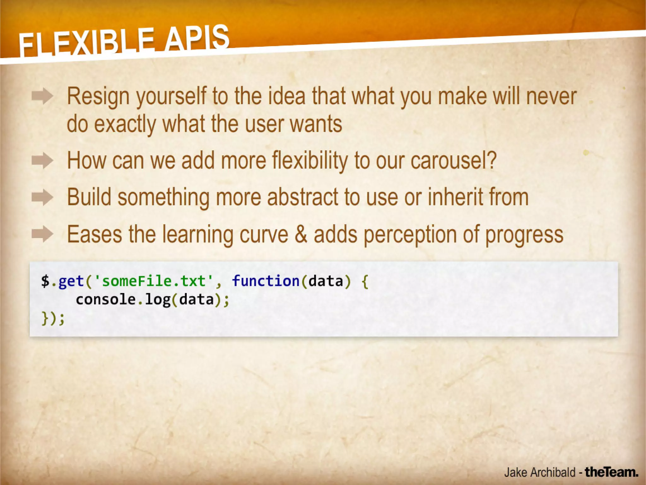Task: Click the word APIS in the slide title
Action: [197, 38]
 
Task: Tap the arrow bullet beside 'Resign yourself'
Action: [42, 96]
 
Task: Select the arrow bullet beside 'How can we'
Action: [42, 161]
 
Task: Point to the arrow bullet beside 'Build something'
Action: [42, 197]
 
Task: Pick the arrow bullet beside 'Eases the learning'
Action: [42, 234]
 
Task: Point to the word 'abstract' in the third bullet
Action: [302, 197]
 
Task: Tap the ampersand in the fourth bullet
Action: [301, 234]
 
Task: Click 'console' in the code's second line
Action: [106, 299]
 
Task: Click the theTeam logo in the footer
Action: [611, 472]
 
